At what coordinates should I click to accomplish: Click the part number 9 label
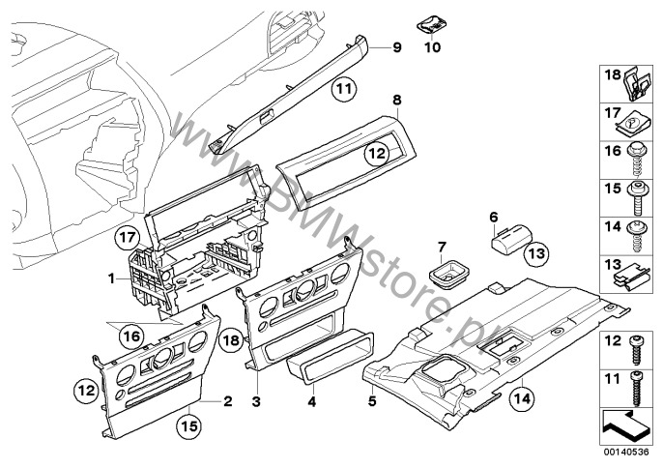(395, 46)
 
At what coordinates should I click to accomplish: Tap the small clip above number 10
(431, 24)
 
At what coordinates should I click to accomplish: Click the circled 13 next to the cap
(537, 253)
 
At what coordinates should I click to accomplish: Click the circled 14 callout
(522, 395)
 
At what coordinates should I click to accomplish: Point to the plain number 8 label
(396, 100)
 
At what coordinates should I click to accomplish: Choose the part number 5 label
(371, 399)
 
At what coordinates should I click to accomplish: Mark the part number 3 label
(255, 399)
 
